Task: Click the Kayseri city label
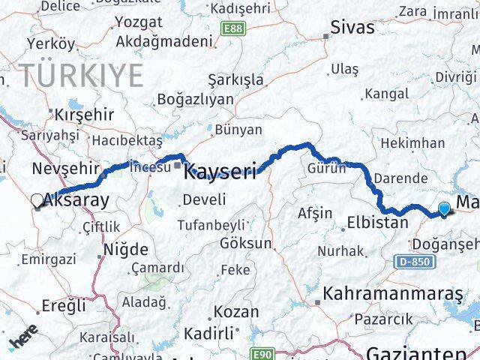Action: click(x=222, y=171)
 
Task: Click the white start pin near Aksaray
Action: click(x=37, y=200)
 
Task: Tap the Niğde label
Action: click(x=125, y=249)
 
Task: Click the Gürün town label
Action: click(x=326, y=168)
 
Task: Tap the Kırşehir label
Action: click(x=84, y=115)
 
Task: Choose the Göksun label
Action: click(x=246, y=244)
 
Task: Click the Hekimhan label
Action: click(x=412, y=142)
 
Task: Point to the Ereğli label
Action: click(x=64, y=306)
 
